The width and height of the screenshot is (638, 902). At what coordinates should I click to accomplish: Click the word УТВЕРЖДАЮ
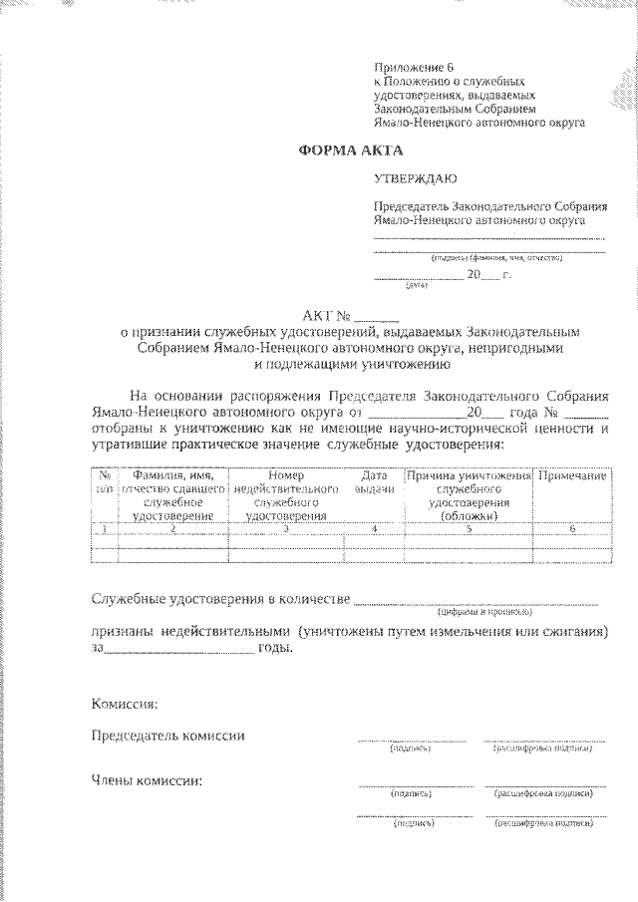click(414, 180)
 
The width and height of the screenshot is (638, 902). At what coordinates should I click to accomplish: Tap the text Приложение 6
click(413, 68)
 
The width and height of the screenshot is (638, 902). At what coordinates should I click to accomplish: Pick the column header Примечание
click(572, 477)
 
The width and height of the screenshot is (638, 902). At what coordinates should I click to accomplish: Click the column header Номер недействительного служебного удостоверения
click(286, 496)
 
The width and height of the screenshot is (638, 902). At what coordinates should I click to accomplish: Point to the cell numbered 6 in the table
click(572, 529)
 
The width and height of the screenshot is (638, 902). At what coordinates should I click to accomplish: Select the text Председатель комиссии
click(167, 736)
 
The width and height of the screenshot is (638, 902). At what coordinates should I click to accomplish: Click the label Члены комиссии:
click(147, 779)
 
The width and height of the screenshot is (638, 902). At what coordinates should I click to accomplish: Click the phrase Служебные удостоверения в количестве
click(219, 599)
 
